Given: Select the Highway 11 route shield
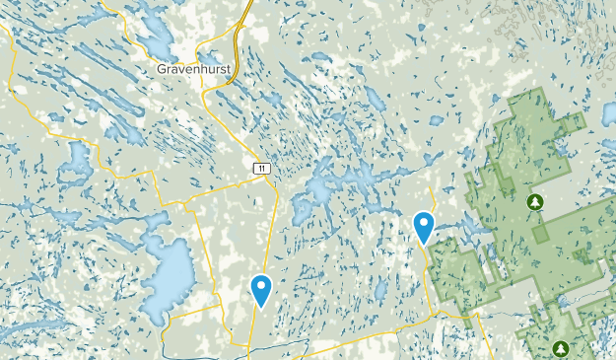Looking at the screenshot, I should (x=259, y=170).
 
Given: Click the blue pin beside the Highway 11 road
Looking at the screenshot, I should (x=261, y=290).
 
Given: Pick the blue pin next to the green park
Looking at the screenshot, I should (x=424, y=228).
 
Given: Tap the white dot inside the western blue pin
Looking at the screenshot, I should (x=261, y=287).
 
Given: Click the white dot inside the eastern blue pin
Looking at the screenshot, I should (x=424, y=224).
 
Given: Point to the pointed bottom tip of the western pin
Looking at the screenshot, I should (x=261, y=307).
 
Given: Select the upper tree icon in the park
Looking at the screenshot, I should (x=535, y=202).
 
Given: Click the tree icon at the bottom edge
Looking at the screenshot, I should (x=561, y=347).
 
